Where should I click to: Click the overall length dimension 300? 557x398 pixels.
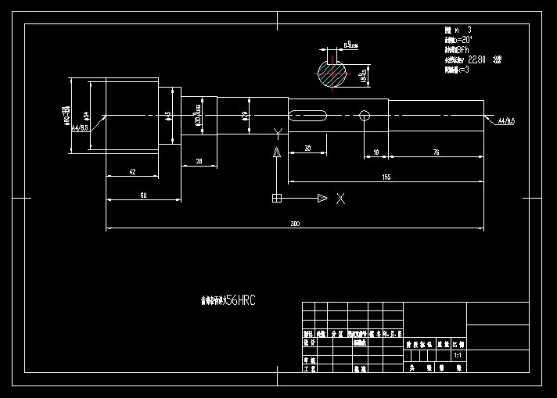[x=295, y=224]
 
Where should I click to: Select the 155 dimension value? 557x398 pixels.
[x=386, y=177]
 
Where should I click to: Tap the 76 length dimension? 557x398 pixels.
[x=436, y=153]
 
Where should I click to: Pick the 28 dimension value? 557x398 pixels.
[x=199, y=160]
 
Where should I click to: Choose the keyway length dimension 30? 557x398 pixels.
[x=307, y=148]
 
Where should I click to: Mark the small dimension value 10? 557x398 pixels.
[x=376, y=153]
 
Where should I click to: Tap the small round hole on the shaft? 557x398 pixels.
[x=365, y=116]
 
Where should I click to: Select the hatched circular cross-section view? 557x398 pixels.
[x=332, y=74]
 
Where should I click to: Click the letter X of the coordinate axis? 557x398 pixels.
[x=340, y=199]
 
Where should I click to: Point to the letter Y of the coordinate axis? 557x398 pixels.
[x=276, y=133]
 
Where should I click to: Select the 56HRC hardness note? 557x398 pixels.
[x=240, y=300]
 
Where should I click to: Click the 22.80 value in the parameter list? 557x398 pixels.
[x=477, y=59]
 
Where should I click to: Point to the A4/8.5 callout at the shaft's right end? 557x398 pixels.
[x=505, y=121]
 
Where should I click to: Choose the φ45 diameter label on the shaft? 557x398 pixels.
[x=168, y=115]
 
